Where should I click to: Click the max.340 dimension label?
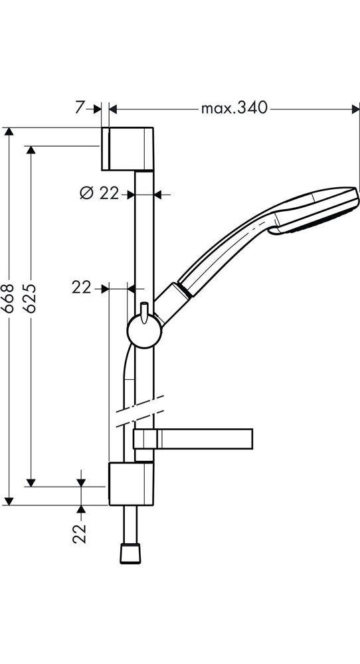pos(234,108)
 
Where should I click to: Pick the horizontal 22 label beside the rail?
pos(82,288)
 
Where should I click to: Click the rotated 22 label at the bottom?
pos(80,533)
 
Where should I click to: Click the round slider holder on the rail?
pos(144,331)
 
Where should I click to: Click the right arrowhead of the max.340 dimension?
pos(351,108)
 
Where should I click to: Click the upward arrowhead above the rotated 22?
pos(81,509)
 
